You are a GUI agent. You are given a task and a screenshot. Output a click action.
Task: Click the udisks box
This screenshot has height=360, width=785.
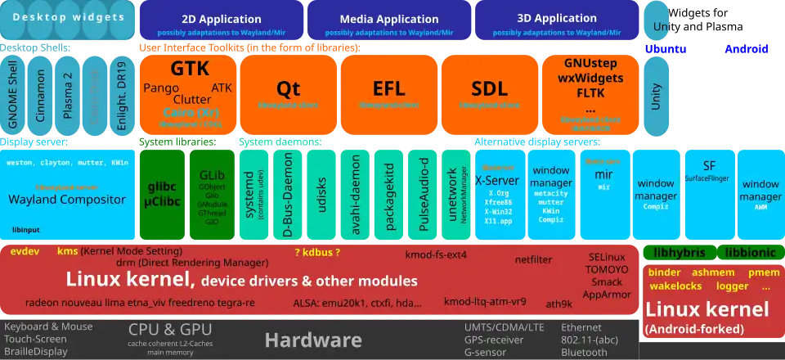pyautogui.click(x=322, y=195)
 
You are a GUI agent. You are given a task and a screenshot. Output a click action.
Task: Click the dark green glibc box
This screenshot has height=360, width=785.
pyautogui.click(x=162, y=193)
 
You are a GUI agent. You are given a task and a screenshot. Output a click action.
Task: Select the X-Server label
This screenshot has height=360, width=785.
pyautogui.click(x=497, y=181)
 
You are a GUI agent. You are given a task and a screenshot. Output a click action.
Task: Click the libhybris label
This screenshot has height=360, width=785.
pyautogui.click(x=680, y=252)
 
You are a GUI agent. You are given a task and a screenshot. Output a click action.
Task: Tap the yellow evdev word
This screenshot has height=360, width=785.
pyautogui.click(x=25, y=251)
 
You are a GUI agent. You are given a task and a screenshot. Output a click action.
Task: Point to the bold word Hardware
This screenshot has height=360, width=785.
pyautogui.click(x=313, y=340)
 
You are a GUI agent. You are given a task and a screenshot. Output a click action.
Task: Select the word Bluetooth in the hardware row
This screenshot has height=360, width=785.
pyautogui.click(x=585, y=352)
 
